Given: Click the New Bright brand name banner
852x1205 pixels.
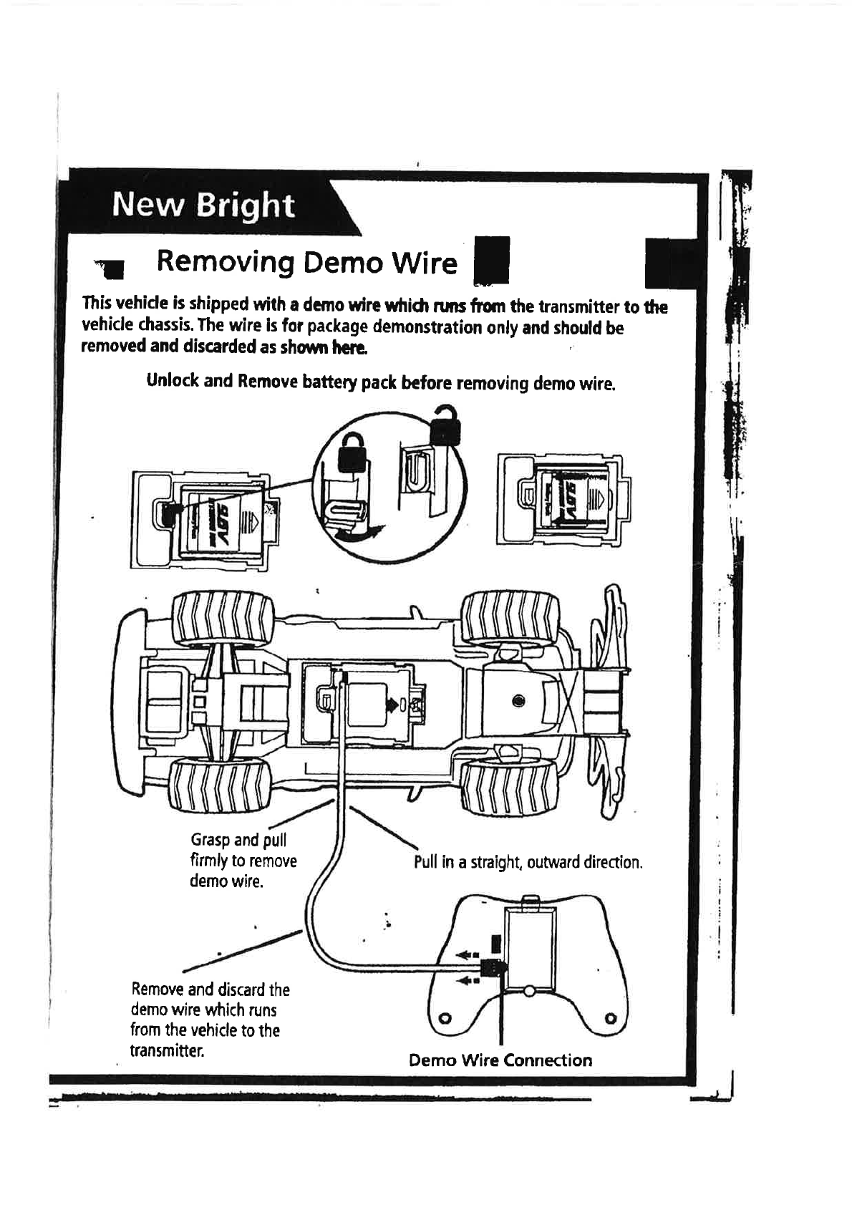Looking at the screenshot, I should tap(203, 205).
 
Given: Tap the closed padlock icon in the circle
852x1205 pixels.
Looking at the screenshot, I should tap(351, 453).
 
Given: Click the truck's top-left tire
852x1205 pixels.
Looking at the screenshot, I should tap(223, 618).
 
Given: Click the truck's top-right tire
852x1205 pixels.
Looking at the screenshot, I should tap(510, 616).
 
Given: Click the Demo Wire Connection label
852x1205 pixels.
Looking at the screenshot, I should tap(500, 1060).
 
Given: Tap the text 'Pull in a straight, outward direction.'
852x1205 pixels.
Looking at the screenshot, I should tap(528, 861).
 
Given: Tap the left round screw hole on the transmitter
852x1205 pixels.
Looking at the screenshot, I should tap(445, 1017).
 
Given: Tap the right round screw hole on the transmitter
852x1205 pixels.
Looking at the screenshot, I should tap(610, 1017).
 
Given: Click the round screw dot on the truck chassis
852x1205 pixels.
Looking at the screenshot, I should tap(518, 700).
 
